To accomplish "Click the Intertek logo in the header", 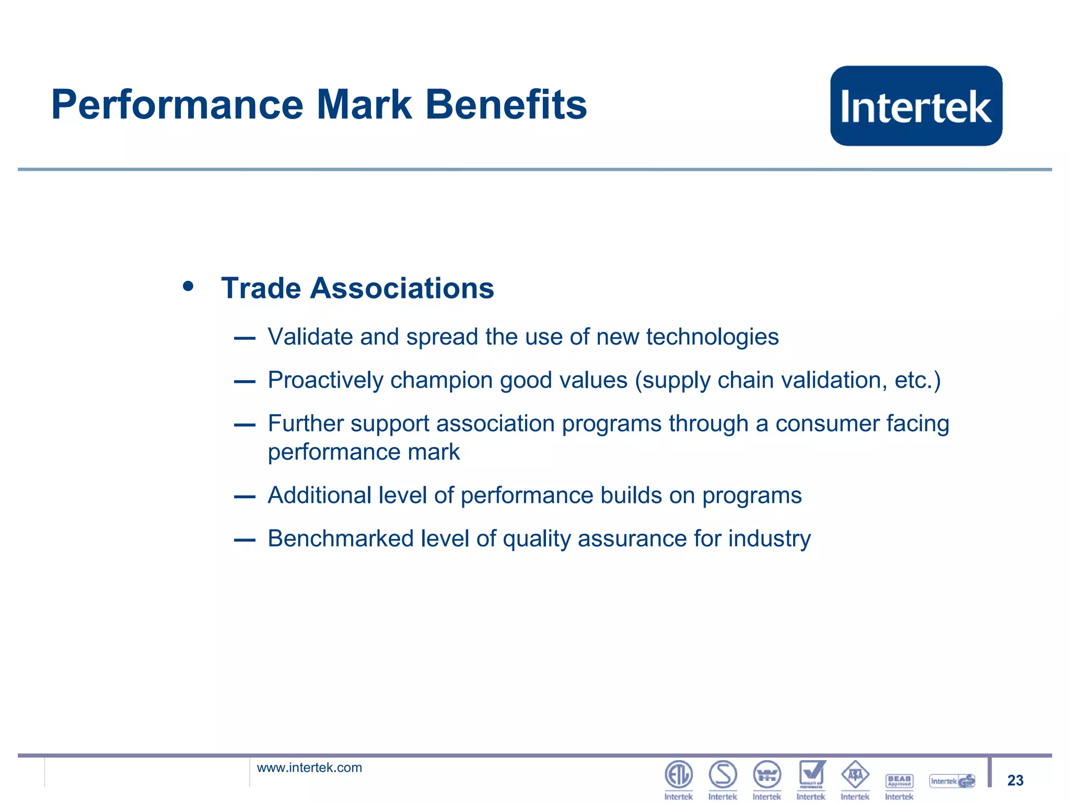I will click(916, 106).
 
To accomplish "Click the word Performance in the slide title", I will click(177, 105).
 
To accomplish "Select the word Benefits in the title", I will click(506, 105).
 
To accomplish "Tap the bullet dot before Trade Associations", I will click(188, 286).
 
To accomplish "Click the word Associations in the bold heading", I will click(402, 288).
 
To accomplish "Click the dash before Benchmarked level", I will click(245, 540).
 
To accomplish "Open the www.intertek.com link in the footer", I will click(309, 767).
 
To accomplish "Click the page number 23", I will click(1015, 781).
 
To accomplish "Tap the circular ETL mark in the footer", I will click(678, 775).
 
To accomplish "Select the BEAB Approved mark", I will click(899, 781).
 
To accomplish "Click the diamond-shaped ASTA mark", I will click(855, 775).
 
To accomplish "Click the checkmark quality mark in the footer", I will click(811, 774).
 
